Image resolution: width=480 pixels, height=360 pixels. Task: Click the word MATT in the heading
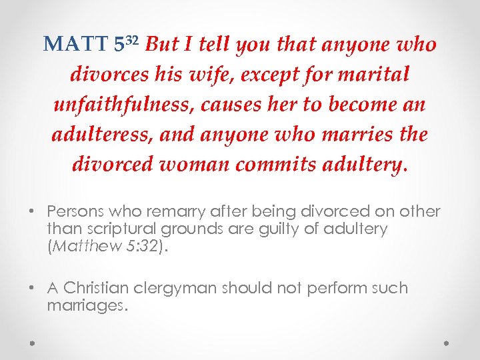click(x=75, y=45)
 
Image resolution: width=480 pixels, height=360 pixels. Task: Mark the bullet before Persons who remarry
click(x=32, y=212)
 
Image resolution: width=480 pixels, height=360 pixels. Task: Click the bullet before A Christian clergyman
click(x=32, y=289)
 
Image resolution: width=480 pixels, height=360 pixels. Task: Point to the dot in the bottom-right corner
click(x=447, y=342)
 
